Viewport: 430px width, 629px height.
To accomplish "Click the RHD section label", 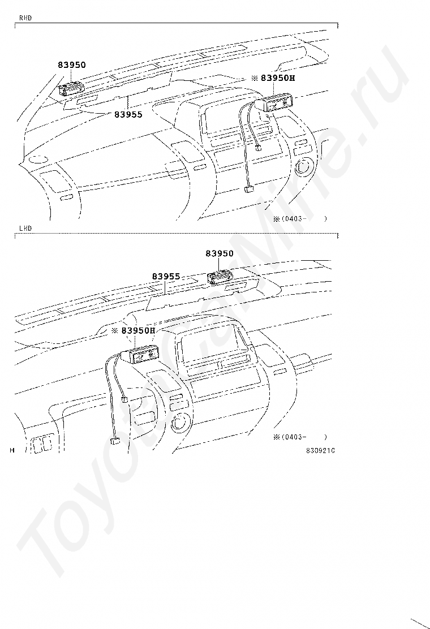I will (x=25, y=18).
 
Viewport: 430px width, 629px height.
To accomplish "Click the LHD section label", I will (x=25, y=228).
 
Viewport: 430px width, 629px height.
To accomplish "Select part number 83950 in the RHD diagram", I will (x=72, y=65).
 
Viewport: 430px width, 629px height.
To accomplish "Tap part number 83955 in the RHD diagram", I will (x=128, y=114).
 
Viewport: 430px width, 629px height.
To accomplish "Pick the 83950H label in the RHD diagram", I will (x=274, y=78).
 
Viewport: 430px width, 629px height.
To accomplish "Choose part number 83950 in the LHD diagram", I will (x=219, y=253).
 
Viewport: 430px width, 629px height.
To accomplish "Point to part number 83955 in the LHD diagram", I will (x=166, y=277).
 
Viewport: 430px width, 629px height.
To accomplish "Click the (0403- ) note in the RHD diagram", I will (x=300, y=218).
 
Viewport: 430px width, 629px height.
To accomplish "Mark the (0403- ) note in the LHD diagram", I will (x=300, y=437).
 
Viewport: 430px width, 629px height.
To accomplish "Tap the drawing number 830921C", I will (x=320, y=451).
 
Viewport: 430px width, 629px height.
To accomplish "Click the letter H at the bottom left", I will (x=12, y=450).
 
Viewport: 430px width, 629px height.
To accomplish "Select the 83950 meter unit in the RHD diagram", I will (x=72, y=89).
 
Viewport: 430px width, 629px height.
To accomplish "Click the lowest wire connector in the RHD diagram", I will (x=248, y=191).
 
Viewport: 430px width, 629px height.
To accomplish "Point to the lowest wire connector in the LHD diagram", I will (x=115, y=442).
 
